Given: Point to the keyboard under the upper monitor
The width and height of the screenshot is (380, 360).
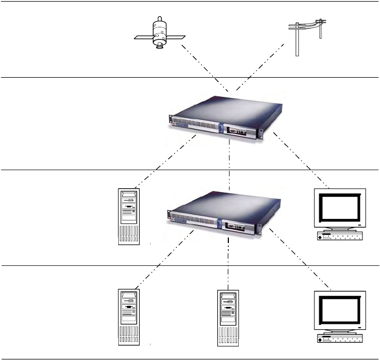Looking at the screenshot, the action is click(340, 236).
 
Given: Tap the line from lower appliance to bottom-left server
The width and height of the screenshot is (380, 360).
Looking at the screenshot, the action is click(164, 257).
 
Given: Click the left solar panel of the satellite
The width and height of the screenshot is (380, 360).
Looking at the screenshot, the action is click(142, 38).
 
